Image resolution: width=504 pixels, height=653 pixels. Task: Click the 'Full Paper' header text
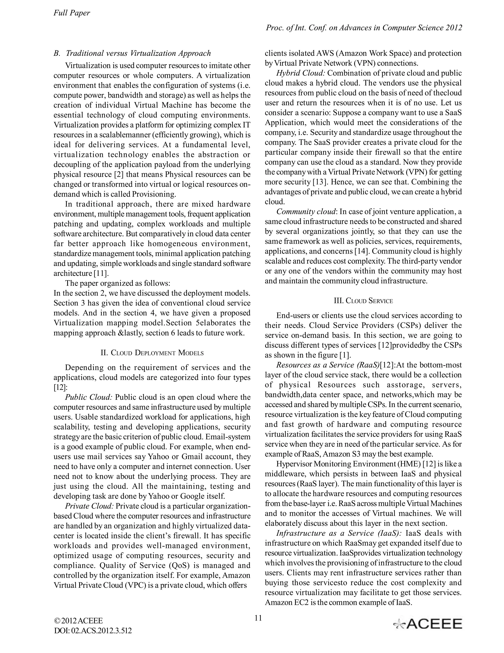click(x=72, y=13)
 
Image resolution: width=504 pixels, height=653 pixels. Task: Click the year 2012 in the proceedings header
click(x=454, y=28)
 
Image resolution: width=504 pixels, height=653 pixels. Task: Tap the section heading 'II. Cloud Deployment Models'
click(x=152, y=353)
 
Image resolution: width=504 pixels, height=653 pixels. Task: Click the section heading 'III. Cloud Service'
click(x=363, y=301)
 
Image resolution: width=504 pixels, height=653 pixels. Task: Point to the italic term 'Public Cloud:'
click(x=89, y=397)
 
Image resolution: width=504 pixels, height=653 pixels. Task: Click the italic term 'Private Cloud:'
click(x=89, y=506)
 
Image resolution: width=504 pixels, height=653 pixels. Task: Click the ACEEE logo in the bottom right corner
click(x=427, y=624)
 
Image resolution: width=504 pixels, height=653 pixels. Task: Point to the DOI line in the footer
click(x=93, y=631)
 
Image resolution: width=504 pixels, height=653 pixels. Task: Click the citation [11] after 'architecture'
click(x=101, y=274)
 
